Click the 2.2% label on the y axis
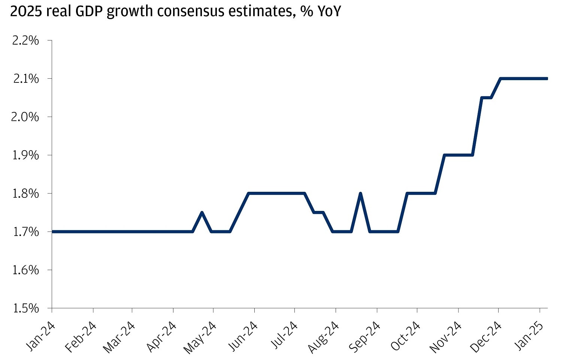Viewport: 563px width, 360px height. click(x=25, y=40)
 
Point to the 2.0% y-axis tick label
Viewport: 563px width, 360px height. click(x=25, y=117)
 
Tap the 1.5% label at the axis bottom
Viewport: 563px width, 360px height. click(x=25, y=308)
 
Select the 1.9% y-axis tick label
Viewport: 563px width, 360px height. click(x=25, y=155)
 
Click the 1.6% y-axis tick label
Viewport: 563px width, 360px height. click(x=25, y=270)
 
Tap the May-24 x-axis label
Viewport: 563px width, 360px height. click(x=200, y=337)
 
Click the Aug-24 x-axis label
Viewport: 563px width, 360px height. click(x=323, y=337)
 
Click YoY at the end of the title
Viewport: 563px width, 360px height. click(x=329, y=11)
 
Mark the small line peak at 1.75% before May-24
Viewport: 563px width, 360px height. click(x=202, y=212)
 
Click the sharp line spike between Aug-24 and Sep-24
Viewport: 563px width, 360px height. click(x=360, y=193)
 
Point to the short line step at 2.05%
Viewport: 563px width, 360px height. click(x=486, y=98)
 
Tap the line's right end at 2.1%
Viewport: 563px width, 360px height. click(x=547, y=79)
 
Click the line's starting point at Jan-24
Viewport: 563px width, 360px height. click(x=52, y=232)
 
